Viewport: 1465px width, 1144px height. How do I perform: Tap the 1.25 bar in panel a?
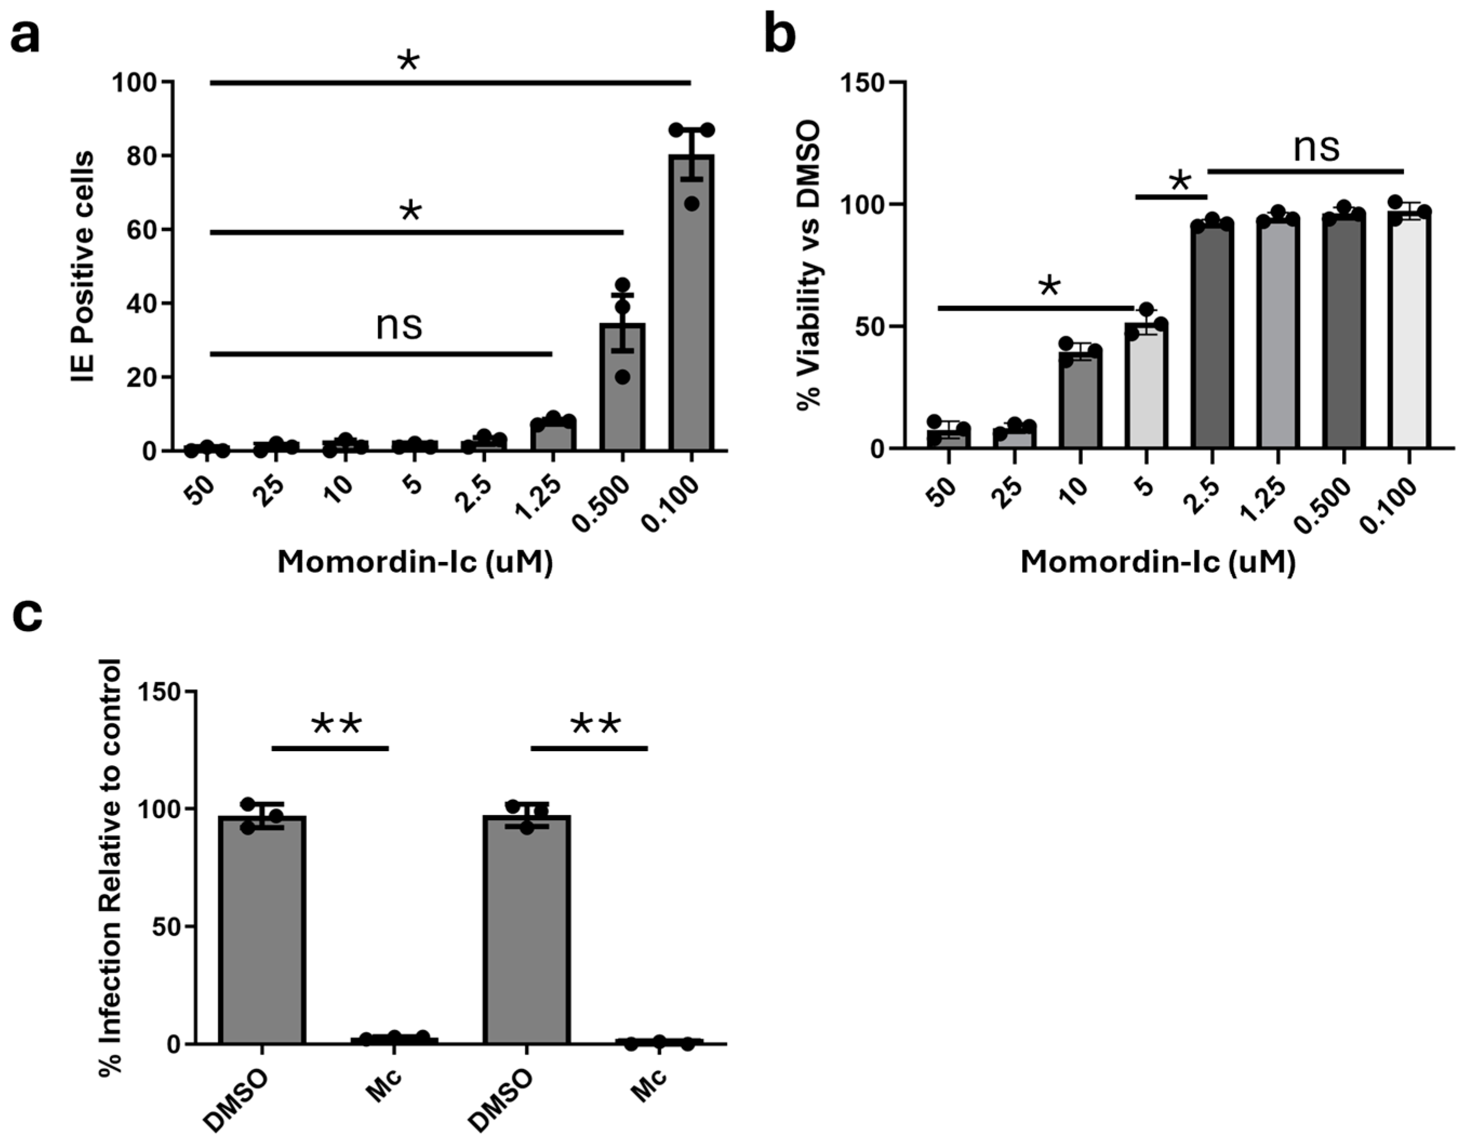[x=553, y=435]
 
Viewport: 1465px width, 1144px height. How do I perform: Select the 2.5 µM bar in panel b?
[x=1212, y=336]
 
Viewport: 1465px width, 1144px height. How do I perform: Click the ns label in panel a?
[x=399, y=325]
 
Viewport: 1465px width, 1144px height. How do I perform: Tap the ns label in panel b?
[x=1316, y=147]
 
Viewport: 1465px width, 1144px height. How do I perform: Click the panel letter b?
[x=780, y=34]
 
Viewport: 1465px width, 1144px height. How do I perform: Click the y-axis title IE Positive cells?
[x=83, y=266]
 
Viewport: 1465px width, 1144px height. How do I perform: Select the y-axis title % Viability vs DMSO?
[x=810, y=264]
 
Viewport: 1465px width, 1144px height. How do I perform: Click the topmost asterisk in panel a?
[x=409, y=62]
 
